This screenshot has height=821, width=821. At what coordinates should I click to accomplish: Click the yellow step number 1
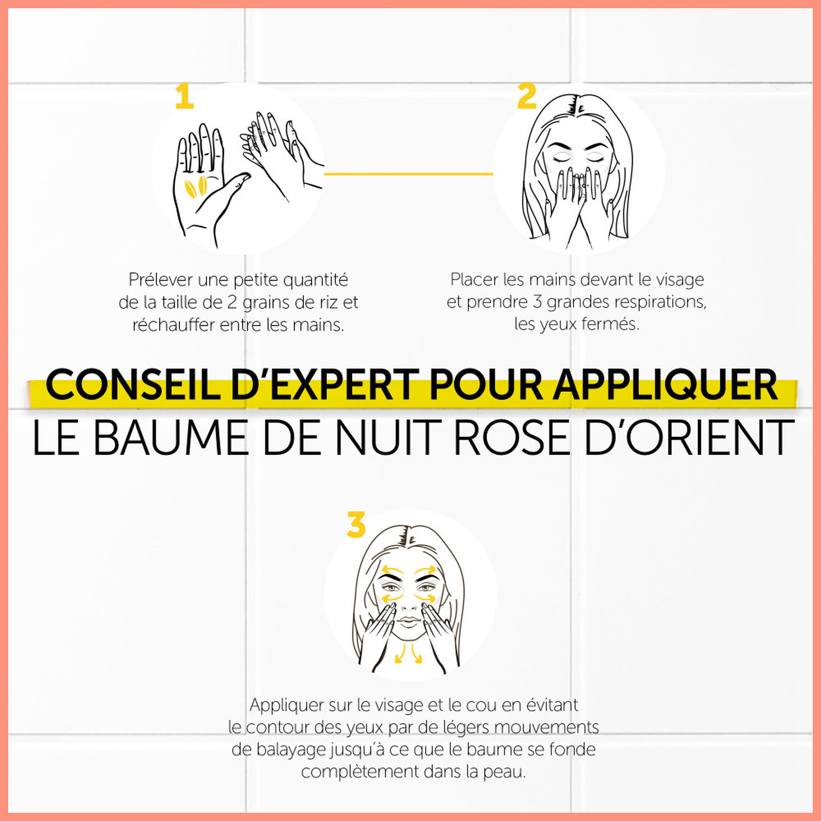[x=184, y=96]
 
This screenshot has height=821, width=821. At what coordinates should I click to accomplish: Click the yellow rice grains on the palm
[x=195, y=187]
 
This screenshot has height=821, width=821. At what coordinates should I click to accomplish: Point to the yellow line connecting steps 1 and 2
[x=409, y=174]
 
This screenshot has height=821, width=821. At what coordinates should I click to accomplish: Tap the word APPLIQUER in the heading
[x=665, y=385]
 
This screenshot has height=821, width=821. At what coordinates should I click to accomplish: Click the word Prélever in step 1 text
[x=160, y=280]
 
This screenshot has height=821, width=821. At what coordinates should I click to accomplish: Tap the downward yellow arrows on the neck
[x=409, y=654]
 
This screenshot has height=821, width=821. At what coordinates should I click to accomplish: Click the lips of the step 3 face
[x=408, y=622]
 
